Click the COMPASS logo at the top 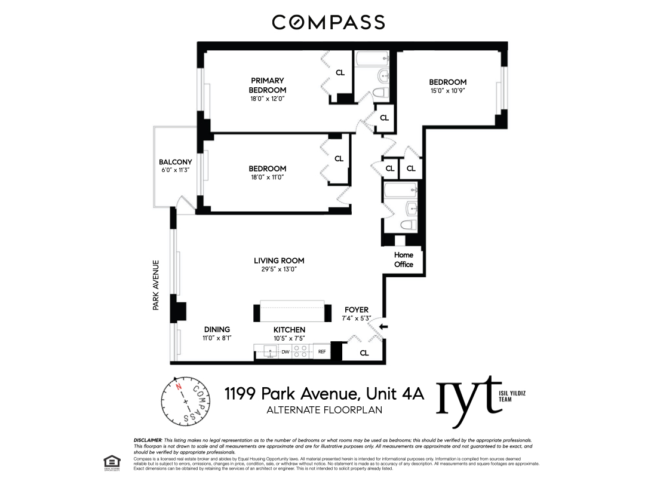pyautogui.click(x=328, y=23)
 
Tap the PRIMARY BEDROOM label pyautogui.click(x=267, y=85)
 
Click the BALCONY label pyautogui.click(x=175, y=162)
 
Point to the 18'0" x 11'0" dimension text pyautogui.click(x=267, y=178)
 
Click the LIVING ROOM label pyautogui.click(x=279, y=261)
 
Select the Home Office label pyautogui.click(x=404, y=259)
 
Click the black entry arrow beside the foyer pyautogui.click(x=383, y=326)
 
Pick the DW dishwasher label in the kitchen pyautogui.click(x=285, y=352)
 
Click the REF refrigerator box pyautogui.click(x=321, y=352)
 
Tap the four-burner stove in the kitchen pyautogui.click(x=300, y=352)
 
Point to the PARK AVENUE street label pyautogui.click(x=156, y=284)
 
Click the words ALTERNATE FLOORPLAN pyautogui.click(x=324, y=410)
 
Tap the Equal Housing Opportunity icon pyautogui.click(x=110, y=461)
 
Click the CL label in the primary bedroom pyautogui.click(x=340, y=73)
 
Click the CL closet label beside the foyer pyautogui.click(x=364, y=353)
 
